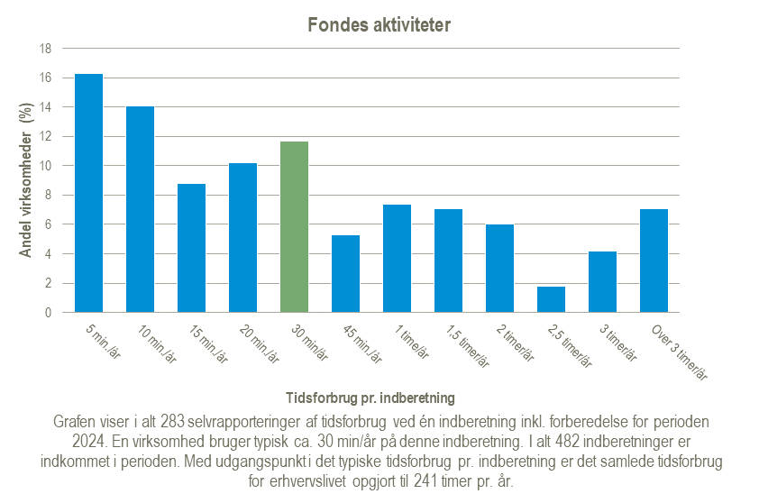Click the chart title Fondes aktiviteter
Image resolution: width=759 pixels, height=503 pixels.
[379, 25]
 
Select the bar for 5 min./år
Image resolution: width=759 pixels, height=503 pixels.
[88, 193]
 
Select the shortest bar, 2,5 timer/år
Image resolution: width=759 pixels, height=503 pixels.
[551, 299]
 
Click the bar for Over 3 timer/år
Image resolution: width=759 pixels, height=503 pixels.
[654, 261]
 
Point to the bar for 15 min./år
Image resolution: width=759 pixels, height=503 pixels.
[191, 248]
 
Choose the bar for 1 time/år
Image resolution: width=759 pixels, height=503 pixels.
[397, 259]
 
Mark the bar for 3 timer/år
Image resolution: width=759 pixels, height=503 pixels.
[602, 282]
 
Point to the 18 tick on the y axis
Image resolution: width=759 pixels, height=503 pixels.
[44, 49]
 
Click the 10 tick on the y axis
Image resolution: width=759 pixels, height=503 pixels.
[44, 166]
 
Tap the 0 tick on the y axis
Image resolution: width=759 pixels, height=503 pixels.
[48, 313]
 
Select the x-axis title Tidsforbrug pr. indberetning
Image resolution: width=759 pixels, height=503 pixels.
[370, 397]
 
